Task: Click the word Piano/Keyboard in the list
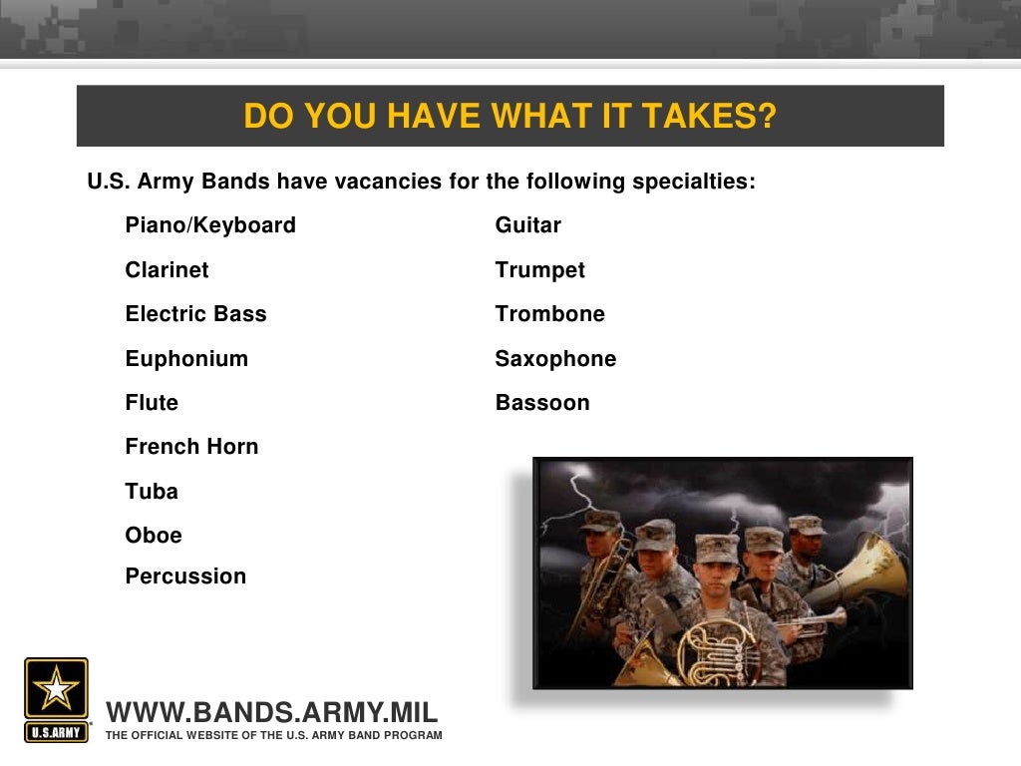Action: [x=210, y=225]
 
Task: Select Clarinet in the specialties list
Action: [x=167, y=270]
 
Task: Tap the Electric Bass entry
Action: [x=195, y=314]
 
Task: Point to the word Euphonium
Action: [x=186, y=359]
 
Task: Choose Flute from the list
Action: [x=152, y=403]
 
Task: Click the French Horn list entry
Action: [x=191, y=447]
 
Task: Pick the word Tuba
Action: [x=152, y=492]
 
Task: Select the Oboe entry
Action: [x=154, y=536]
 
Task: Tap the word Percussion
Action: [x=185, y=576]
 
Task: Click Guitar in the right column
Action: [x=527, y=225]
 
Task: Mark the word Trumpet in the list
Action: [x=539, y=270]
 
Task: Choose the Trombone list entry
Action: [x=549, y=314]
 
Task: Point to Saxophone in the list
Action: [x=555, y=359]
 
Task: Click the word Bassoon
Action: [x=542, y=403]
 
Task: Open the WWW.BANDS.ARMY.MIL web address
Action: [x=271, y=713]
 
